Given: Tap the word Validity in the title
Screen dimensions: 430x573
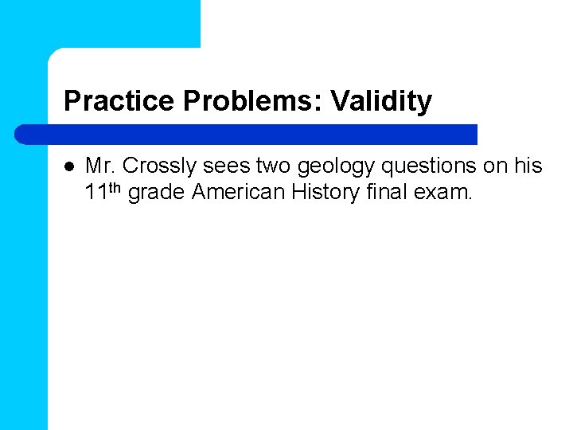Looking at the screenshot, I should pyautogui.click(x=381, y=101).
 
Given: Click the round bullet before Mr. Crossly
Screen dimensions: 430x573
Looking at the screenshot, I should pyautogui.click(x=68, y=166).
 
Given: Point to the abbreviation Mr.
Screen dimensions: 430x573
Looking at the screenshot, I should pyautogui.click(x=101, y=166).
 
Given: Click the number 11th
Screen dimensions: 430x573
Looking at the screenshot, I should pyautogui.click(x=103, y=191).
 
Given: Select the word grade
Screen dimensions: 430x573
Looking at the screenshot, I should pyautogui.click(x=156, y=193).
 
